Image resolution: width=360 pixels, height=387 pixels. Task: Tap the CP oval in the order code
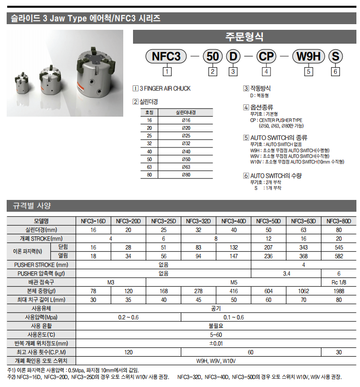coord(267,56)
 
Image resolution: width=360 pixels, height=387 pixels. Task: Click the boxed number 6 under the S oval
coord(335,72)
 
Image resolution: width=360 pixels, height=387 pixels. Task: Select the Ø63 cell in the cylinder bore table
coord(186,167)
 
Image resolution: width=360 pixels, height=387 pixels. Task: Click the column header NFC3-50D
coord(269,221)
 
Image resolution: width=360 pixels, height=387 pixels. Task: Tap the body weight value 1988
coord(339,290)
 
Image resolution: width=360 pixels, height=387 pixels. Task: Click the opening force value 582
coord(339,255)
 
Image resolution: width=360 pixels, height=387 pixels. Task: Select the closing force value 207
coord(269,247)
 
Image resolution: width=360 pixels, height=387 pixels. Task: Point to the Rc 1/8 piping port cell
coord(339,282)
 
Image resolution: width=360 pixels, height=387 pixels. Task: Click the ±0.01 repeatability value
coord(216,343)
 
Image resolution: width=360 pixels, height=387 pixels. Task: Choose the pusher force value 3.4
coord(287,273)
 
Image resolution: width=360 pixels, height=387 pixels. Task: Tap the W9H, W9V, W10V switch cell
coord(216,360)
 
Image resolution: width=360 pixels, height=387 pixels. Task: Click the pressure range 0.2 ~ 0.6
coord(128,317)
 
